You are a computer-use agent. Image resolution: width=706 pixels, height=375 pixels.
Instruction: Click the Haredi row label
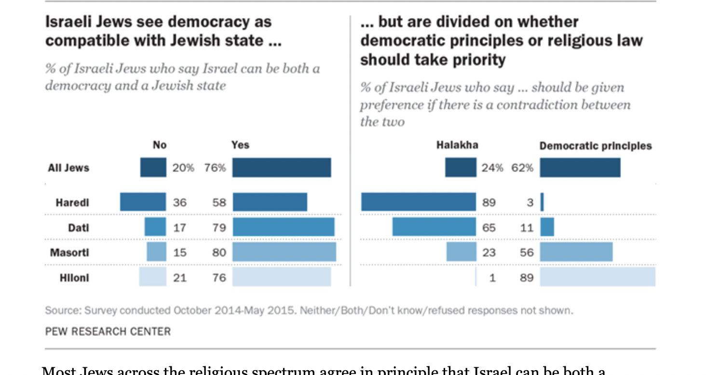coord(72,202)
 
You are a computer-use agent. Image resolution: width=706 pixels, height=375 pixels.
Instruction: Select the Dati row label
coord(79,227)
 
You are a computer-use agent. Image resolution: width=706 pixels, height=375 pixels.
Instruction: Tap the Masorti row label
coord(69,252)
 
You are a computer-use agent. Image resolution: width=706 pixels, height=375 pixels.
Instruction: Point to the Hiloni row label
coord(74,277)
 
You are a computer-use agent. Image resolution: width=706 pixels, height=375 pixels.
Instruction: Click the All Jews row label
coord(68,168)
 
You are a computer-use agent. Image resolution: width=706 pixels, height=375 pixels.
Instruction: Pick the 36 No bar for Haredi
coord(143,202)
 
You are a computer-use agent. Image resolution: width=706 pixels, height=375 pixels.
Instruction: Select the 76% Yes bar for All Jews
coord(282,167)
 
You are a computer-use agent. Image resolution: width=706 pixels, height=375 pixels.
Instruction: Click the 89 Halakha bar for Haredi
coord(419,202)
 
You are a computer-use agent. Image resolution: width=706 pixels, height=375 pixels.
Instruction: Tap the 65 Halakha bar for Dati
coord(434,227)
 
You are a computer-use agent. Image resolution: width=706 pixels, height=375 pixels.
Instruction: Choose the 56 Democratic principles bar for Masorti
coord(576,252)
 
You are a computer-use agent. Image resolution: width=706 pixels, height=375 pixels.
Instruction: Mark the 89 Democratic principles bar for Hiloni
coord(597,277)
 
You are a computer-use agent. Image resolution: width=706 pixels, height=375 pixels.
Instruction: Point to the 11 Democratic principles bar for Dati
coord(547,227)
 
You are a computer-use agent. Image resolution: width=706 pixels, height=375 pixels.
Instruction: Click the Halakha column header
coord(457,145)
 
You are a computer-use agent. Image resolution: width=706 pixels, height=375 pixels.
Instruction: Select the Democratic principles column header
coord(596,146)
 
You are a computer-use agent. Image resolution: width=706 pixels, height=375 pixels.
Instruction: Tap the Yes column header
coord(240,145)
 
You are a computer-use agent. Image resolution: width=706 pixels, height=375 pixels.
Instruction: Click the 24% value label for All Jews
coord(492,168)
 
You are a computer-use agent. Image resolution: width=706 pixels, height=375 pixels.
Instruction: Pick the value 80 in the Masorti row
coord(219,252)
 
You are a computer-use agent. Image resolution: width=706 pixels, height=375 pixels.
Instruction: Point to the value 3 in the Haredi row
coord(530,202)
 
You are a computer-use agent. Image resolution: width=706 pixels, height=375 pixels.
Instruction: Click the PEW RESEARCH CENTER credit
coord(108,332)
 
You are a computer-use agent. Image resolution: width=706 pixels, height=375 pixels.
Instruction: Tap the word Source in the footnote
coord(63,310)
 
